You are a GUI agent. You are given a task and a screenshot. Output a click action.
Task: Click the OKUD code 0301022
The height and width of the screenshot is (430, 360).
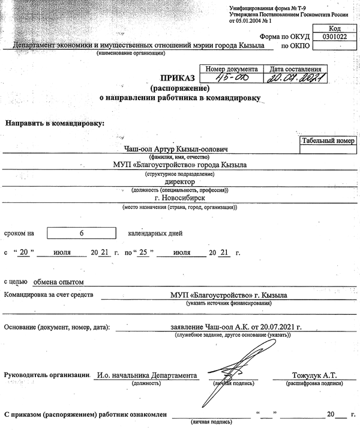click(x=332, y=36)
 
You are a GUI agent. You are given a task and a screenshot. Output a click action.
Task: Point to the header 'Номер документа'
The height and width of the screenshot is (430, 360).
click(x=232, y=69)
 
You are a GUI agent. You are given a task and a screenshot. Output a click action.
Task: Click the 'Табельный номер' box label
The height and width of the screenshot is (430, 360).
click(x=328, y=141)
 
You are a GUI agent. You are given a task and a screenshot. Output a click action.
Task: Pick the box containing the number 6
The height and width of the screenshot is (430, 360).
click(x=81, y=233)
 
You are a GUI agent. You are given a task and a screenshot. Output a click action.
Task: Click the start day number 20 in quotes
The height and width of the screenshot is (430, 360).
click(x=25, y=252)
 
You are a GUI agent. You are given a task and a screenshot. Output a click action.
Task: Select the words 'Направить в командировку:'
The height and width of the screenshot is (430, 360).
click(x=55, y=123)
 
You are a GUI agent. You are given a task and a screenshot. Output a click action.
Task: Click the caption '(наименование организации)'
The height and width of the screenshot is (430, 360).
click(x=130, y=53)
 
